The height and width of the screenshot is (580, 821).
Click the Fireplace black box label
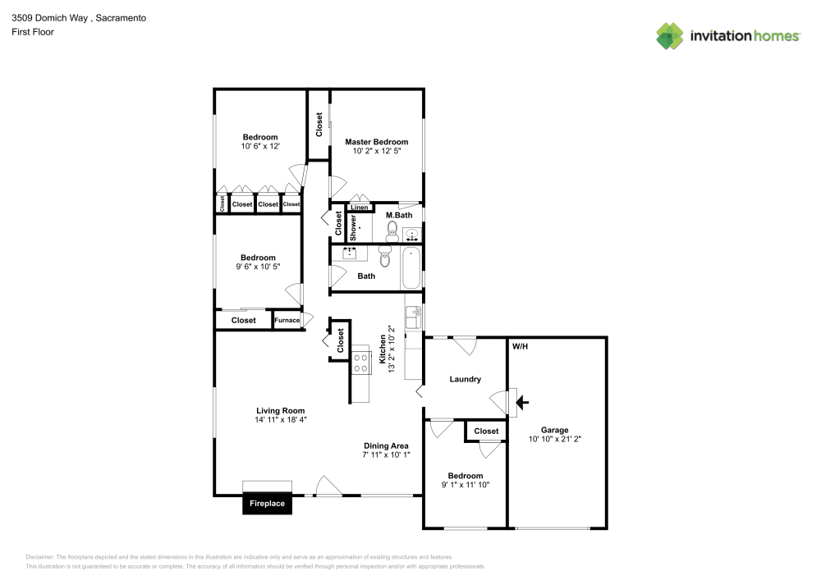[268, 503]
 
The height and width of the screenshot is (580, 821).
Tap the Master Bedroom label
[376, 141]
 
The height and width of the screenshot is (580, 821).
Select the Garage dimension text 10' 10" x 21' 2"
[554, 439]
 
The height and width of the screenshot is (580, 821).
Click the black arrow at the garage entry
[522, 402]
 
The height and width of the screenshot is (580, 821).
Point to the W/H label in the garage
[520, 346]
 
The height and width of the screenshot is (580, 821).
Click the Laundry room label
[465, 379]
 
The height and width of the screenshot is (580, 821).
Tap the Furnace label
[287, 320]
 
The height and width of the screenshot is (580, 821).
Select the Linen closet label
[360, 208]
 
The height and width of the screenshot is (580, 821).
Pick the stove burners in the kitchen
[360, 363]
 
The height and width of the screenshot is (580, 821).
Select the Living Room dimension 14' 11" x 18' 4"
[280, 420]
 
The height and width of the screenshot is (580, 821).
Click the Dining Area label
[386, 445]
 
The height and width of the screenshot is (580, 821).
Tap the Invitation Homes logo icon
[670, 35]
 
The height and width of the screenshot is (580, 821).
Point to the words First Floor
[32, 32]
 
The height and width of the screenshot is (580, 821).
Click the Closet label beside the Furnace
[243, 320]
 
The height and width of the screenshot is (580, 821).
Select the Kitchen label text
[382, 349]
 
